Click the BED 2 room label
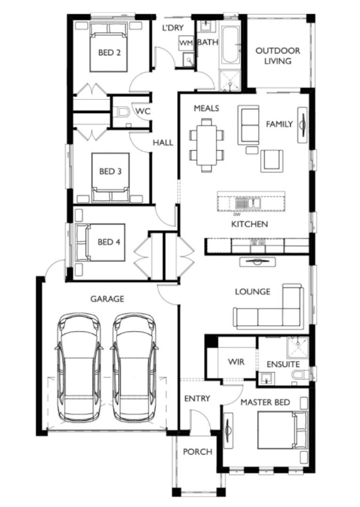(x=109, y=52)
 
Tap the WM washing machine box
(x=186, y=43)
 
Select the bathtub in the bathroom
(x=230, y=45)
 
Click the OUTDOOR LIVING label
(x=278, y=56)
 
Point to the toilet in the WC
(x=122, y=112)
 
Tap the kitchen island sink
(x=248, y=204)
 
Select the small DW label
(x=237, y=214)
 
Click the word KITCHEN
(x=249, y=224)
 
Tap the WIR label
(x=236, y=362)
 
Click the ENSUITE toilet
(x=300, y=376)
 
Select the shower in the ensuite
(x=298, y=347)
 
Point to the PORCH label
(x=198, y=452)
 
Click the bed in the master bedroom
(x=282, y=430)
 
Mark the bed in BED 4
(x=100, y=242)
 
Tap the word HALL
(x=163, y=143)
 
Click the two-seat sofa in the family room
(x=248, y=125)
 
